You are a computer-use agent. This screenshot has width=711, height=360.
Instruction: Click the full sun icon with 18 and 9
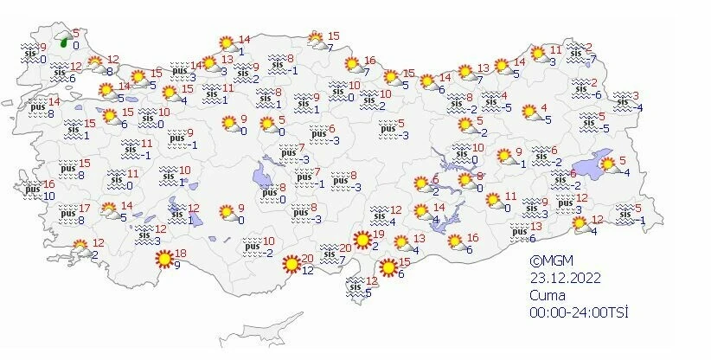point(163,258)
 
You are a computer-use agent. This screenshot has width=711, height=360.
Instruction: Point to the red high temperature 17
point(85,209)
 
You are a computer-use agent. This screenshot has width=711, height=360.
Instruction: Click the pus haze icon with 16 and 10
point(32,188)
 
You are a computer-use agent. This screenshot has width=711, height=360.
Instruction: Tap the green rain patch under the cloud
point(65,38)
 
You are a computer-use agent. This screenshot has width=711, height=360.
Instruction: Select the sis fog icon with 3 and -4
point(621,100)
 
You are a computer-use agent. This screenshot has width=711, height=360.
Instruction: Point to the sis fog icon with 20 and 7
point(331,253)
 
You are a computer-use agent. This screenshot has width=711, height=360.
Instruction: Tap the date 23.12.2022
point(566,279)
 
